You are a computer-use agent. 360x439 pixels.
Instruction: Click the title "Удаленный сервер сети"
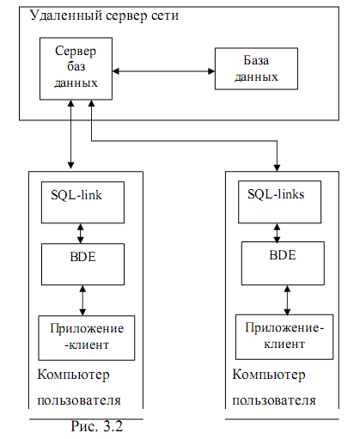coord(104,15)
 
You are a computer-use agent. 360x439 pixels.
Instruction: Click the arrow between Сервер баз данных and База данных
coord(163,71)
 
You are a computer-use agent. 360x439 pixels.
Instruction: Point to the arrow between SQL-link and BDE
coord(81,234)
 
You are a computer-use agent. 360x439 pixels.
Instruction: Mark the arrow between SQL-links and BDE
coord(277,233)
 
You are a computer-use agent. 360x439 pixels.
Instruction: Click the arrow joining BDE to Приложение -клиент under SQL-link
coord(82,301)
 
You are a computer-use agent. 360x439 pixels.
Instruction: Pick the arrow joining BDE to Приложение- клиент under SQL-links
coord(287,300)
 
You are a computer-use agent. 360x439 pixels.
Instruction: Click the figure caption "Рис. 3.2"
coord(97,426)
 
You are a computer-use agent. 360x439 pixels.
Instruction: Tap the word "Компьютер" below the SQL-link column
coord(73,375)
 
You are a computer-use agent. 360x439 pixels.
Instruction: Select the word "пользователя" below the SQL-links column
coord(274,400)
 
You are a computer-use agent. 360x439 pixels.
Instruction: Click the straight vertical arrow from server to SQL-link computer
coord(70,134)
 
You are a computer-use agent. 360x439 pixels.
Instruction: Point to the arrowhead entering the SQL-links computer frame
coord(277,168)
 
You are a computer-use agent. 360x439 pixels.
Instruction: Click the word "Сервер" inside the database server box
coord(76,52)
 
